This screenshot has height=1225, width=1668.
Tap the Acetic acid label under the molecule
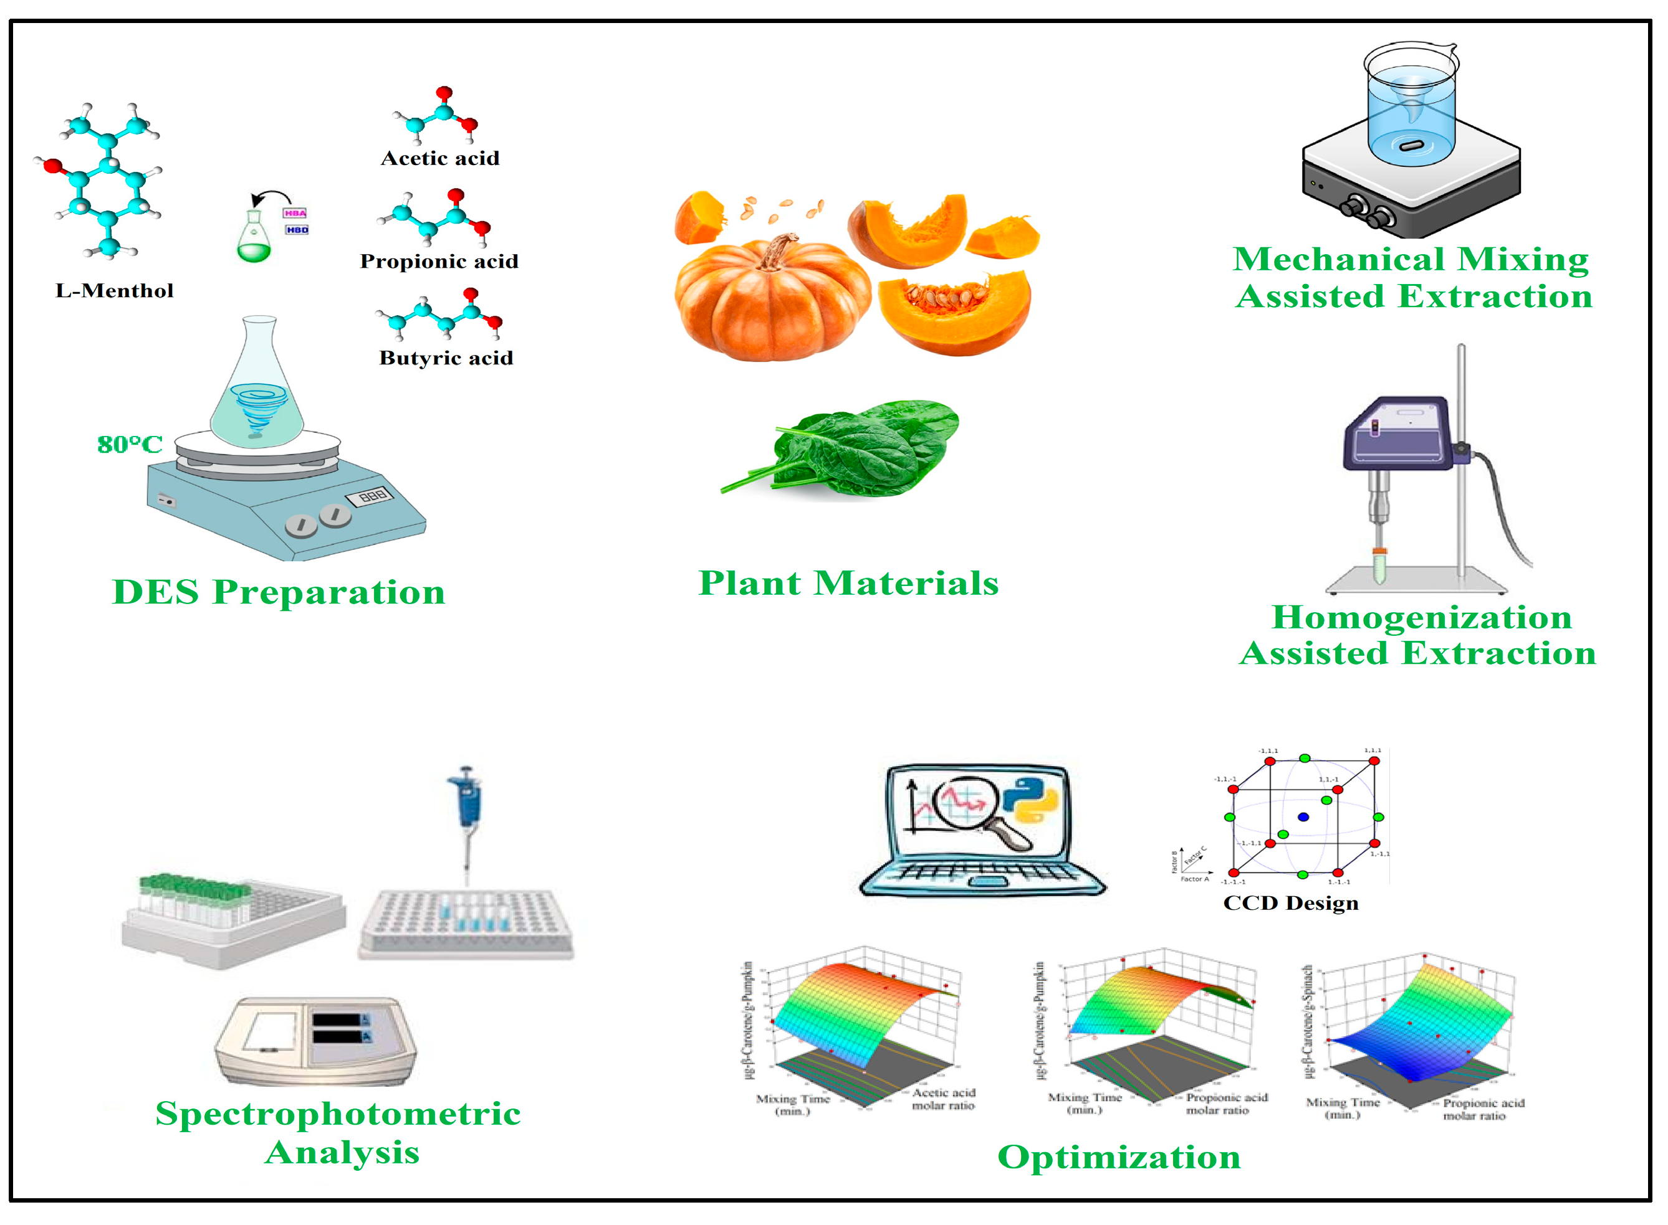[x=440, y=158]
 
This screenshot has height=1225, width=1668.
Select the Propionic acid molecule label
[x=439, y=261]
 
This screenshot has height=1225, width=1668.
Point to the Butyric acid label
[x=446, y=358]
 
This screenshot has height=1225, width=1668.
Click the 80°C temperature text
[x=130, y=444]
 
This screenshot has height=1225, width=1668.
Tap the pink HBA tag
[x=295, y=213]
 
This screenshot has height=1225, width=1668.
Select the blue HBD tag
[x=297, y=230]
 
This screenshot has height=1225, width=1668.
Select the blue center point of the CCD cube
[x=1304, y=817]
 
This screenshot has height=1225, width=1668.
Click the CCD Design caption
[x=1291, y=903]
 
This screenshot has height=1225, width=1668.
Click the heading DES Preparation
[x=278, y=592]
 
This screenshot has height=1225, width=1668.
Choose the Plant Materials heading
[x=849, y=583]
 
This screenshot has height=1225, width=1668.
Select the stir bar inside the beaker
[x=1411, y=144]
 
